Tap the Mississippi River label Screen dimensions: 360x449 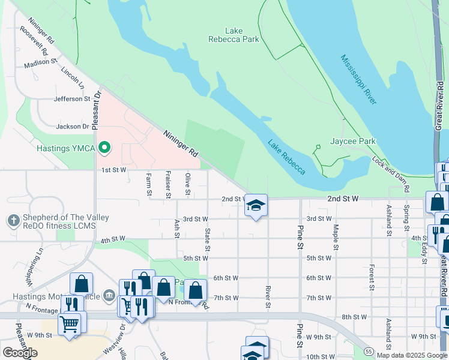point(358,79)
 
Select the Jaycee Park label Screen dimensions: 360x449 point(353,142)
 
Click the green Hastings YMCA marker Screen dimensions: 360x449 point(105,147)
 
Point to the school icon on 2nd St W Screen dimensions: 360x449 point(256,206)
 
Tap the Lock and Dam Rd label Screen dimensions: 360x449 point(391,173)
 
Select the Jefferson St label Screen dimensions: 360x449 point(72,99)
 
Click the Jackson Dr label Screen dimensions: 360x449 point(72,127)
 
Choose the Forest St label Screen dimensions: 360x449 point(372,275)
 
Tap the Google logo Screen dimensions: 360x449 point(20,352)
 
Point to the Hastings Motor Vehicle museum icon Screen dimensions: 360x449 point(109,295)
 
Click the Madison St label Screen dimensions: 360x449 point(41,62)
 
